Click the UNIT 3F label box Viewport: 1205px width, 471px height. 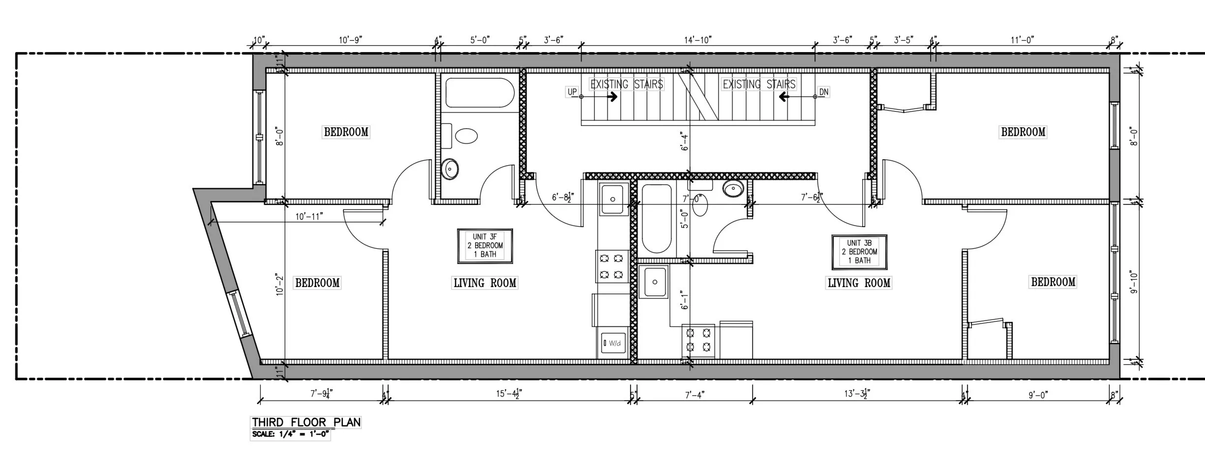pos(485,246)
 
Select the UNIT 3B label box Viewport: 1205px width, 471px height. pos(859,252)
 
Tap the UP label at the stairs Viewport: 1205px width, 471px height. pos(572,92)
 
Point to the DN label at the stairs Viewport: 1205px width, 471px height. pos(824,92)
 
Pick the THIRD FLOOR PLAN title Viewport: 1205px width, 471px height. pos(306,422)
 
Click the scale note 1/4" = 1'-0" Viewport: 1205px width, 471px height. pos(290,435)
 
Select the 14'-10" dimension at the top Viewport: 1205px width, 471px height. pos(697,40)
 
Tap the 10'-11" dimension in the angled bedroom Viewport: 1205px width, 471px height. pos(309,216)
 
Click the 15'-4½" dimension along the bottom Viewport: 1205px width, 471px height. pos(509,394)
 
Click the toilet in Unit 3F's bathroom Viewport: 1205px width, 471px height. pos(465,136)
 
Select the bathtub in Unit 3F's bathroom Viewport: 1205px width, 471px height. pos(480,92)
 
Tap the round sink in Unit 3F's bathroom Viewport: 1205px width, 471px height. pos(450,169)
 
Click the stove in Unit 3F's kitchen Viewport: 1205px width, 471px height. pos(612,266)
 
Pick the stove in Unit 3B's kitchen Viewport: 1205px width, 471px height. pos(698,340)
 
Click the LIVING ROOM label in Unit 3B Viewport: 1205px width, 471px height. pos(859,283)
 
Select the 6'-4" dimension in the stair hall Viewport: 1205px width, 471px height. pos(685,141)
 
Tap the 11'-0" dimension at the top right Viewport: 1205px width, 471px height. pos(1022,40)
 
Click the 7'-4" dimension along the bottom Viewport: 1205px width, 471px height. pos(694,395)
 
